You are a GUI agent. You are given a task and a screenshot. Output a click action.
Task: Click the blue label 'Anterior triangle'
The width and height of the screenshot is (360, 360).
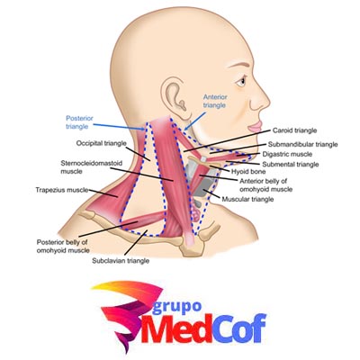215,101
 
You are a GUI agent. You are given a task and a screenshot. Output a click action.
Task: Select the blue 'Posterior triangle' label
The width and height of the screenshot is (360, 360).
79,122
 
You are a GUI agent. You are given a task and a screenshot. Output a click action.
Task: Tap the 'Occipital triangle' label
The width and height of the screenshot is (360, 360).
101,143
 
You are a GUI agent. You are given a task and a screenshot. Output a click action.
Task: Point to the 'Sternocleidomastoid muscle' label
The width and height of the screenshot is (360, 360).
92,167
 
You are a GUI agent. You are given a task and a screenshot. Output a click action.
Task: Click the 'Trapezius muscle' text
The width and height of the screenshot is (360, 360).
62,190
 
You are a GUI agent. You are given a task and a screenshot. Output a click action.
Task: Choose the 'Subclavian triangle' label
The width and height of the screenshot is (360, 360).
121,261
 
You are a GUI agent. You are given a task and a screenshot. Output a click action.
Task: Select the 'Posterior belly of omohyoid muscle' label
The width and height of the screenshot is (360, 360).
63,246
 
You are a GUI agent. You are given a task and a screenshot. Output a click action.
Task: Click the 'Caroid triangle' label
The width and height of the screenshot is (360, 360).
294,130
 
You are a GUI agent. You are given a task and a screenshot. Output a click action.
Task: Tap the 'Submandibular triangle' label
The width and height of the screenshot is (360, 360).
303,144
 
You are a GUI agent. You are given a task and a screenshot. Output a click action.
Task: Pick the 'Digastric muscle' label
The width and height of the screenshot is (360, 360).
287,154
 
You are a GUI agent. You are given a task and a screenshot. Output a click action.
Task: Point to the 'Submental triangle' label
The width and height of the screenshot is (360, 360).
291,164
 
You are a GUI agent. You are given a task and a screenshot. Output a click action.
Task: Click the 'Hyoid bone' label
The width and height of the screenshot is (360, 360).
248,172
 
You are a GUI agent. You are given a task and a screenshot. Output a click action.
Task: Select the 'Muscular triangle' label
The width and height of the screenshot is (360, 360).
247,199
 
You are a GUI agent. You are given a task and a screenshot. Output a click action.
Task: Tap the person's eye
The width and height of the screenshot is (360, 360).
241,81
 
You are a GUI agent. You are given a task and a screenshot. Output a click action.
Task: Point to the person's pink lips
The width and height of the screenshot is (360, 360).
254,126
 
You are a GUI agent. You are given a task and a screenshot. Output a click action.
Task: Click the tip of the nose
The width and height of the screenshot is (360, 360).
269,102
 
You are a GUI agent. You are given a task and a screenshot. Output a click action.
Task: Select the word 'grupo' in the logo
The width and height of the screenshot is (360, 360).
176,306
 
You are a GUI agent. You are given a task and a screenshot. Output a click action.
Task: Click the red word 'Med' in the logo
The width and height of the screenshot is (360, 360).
175,329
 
